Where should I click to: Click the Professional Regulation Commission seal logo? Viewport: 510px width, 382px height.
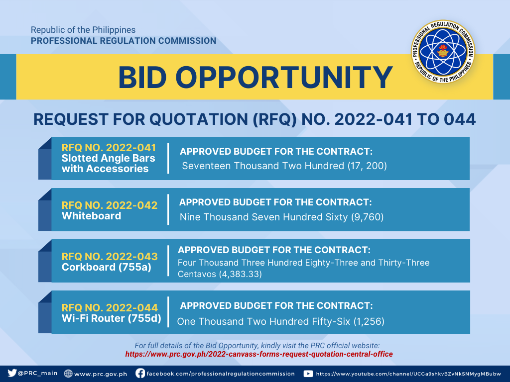443,51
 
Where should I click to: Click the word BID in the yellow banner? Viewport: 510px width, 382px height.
142,77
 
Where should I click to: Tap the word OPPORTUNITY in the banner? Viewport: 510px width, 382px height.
284,77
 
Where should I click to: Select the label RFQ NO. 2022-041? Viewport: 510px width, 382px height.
109,148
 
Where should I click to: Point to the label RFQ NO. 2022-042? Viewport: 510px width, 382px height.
109,205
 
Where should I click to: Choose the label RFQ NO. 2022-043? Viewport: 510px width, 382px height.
109,257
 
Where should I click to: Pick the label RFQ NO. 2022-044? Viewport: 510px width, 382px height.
109,307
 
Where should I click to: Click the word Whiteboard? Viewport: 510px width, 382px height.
92,216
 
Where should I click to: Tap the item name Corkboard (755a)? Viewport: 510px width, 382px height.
107,267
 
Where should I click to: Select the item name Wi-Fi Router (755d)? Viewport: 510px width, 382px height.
111,318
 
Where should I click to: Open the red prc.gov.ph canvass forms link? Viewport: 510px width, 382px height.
259,354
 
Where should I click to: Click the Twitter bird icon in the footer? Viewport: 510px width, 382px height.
12,373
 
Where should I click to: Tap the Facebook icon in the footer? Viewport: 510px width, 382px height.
140,373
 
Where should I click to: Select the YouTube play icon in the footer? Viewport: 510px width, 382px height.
308,374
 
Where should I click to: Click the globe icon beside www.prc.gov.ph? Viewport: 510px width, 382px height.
68,374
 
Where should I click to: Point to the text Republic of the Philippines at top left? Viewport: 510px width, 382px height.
83,30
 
